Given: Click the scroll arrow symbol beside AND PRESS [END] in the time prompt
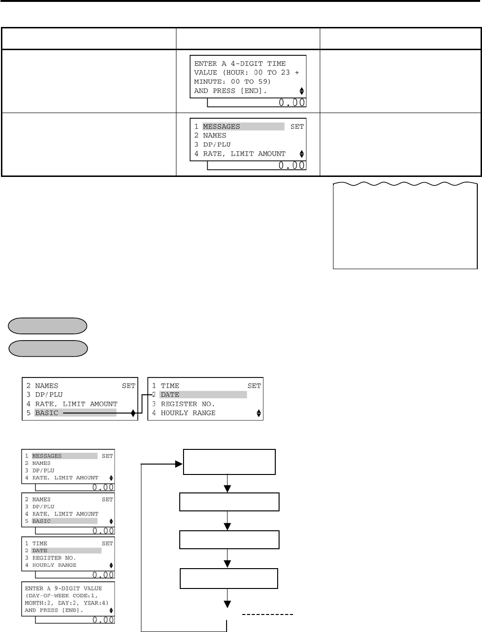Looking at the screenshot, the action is coord(302,91).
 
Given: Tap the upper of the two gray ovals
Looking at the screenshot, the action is coord(48,326).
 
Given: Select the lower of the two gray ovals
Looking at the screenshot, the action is coord(48,348).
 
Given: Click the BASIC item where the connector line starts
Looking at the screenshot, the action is coord(47,413).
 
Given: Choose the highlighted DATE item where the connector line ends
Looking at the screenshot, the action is coord(170,395).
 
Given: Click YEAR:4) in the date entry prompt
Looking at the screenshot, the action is coord(94,603).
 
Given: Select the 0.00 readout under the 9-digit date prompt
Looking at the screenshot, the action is coord(103,619).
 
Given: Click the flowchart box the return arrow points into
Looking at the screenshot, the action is coord(229,462).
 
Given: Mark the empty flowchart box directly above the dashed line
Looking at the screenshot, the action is coord(229,578).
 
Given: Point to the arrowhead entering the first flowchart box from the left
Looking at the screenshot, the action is coord(179,465).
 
